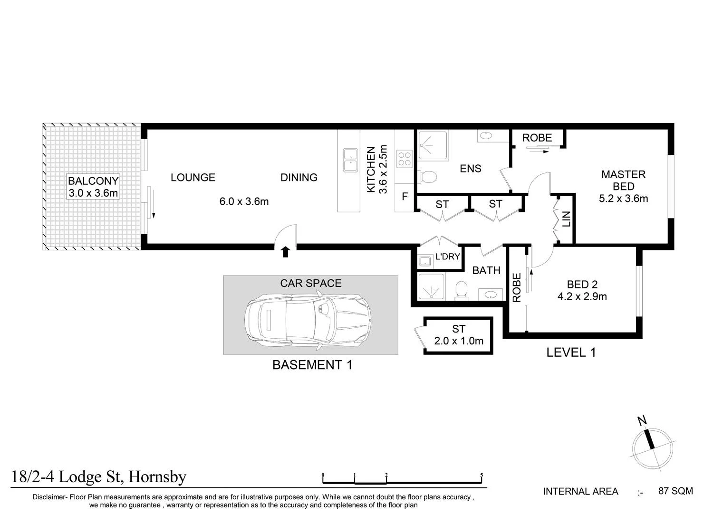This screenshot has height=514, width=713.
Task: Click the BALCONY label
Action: point(93,181)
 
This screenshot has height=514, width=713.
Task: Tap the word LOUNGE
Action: point(193,177)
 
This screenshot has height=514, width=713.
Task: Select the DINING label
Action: point(299,177)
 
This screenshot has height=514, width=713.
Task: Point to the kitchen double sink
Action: point(350,160)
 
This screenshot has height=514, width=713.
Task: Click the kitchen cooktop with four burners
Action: point(404,159)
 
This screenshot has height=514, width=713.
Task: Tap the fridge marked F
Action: point(405,196)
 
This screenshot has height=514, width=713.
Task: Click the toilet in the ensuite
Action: point(427,177)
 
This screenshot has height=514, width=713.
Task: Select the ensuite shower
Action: point(433,145)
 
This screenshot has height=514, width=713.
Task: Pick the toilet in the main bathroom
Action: point(462,290)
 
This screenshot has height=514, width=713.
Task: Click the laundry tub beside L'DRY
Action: point(425,261)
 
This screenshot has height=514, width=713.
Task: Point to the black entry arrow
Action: point(286,252)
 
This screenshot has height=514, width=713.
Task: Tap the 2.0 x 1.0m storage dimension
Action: point(459,341)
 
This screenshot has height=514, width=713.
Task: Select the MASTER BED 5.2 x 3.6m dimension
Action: point(623,199)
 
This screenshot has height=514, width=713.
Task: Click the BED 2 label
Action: point(582,284)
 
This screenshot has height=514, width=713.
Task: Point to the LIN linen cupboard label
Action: point(567,219)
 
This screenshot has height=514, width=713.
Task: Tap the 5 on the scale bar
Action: point(482,475)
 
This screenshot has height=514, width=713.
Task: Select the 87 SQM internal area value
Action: point(675,491)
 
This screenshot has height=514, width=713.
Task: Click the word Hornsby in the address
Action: point(157,477)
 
